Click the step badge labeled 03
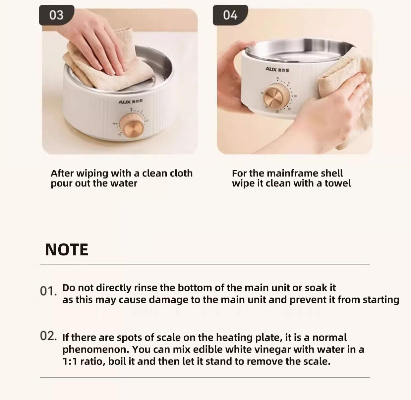click(x=56, y=15)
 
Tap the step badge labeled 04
click(x=230, y=15)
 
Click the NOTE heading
click(x=67, y=250)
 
